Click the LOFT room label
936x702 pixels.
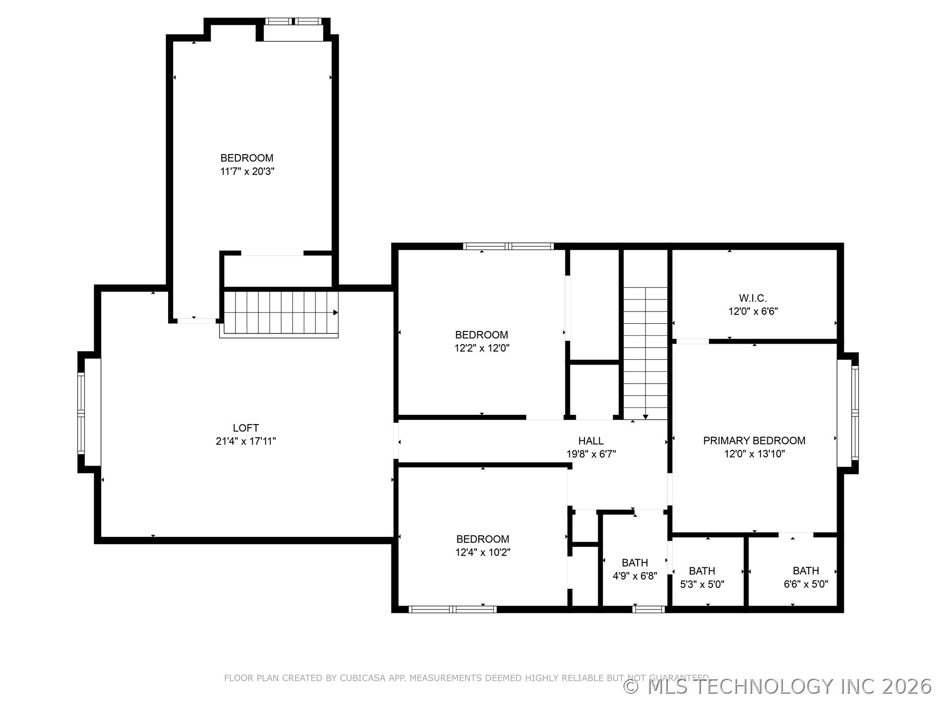tap(246, 428)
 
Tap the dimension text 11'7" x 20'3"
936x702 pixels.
tap(247, 171)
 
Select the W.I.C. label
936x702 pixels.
tap(753, 298)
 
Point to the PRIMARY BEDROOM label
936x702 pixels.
tap(754, 441)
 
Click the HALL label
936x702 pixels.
tap(591, 441)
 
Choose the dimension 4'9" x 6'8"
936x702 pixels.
tap(635, 576)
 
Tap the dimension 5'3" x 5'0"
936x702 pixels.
tap(702, 584)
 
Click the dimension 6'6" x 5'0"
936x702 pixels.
tap(806, 584)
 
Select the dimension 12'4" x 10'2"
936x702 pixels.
tap(483, 552)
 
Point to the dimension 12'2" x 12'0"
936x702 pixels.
tap(482, 348)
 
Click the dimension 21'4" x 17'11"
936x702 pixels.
tap(246, 441)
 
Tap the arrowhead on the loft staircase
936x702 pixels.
tap(335, 312)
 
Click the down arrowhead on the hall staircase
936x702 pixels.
tap(645, 417)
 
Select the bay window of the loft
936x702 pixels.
tap(81, 412)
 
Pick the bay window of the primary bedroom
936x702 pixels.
tap(855, 412)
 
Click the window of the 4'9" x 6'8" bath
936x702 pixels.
tap(648, 609)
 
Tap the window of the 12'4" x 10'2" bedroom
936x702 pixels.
tap(452, 609)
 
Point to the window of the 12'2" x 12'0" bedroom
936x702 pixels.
tap(508, 246)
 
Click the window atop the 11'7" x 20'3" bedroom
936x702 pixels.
tap(293, 21)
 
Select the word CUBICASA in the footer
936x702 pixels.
tap(362, 678)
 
